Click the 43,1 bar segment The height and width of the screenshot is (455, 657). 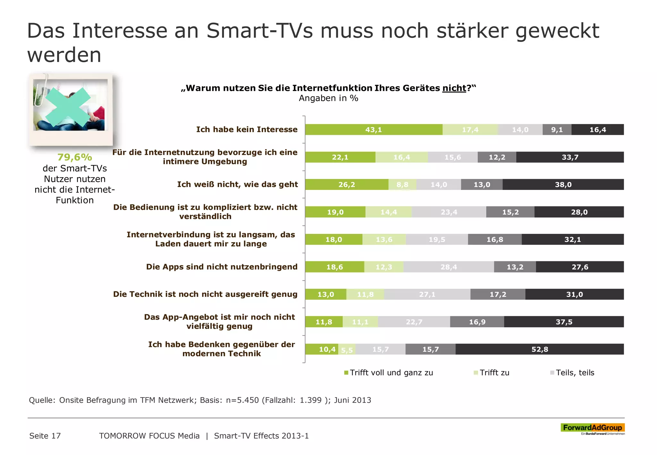tap(373, 130)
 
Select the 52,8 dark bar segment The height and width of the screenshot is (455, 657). tap(540, 349)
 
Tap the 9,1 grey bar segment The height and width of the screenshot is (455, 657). tap(557, 130)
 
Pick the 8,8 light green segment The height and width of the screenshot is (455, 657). tap(402, 185)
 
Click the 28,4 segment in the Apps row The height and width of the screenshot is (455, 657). tap(448, 267)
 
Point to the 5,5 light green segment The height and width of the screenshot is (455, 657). tap(347, 350)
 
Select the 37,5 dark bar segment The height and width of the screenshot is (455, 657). tap(564, 322)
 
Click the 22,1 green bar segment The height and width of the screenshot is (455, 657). tap(340, 157)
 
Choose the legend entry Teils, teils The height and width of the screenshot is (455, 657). tap(575, 373)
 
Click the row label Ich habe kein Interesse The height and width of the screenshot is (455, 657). tap(247, 129)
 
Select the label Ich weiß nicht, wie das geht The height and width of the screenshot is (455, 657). tap(237, 185)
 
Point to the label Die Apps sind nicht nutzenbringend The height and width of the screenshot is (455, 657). tap(222, 267)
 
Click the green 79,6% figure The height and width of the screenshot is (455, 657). tap(74, 157)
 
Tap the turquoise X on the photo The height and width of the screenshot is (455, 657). tap(68, 107)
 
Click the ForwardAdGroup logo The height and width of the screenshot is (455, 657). tap(592, 428)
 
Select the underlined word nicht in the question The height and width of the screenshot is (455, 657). tap(454, 88)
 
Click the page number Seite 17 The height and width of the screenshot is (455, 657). tap(45, 436)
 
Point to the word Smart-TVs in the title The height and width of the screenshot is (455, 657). tap(259, 31)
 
